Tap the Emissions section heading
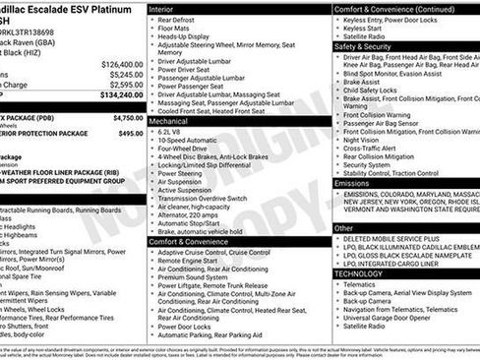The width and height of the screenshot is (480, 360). [352, 183]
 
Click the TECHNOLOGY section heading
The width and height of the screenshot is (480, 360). [361, 272]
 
